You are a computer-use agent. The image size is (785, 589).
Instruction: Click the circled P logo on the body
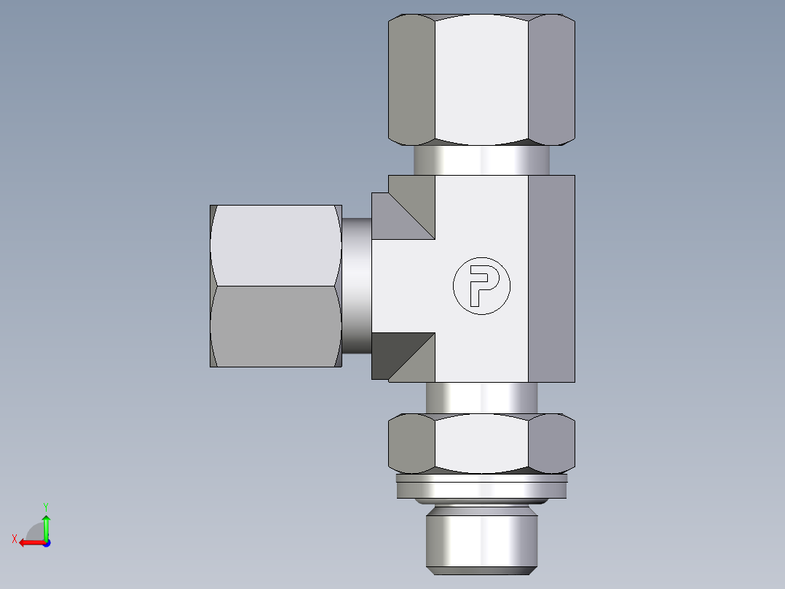point(481,286)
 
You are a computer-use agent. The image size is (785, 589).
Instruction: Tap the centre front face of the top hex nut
point(481,79)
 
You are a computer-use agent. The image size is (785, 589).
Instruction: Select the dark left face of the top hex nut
point(411,79)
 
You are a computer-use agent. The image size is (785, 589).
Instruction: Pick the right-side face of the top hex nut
point(551,79)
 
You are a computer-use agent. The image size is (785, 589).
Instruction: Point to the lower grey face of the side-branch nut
point(275,326)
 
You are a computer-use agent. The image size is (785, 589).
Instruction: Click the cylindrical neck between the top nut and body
point(481,160)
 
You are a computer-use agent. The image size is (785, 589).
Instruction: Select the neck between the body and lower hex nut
point(481,397)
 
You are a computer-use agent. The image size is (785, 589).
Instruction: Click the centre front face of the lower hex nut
point(481,442)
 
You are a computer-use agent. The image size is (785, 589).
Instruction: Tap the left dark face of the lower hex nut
point(411,442)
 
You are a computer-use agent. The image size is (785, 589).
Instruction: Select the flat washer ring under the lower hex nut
point(481,487)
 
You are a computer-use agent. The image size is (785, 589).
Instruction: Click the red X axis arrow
point(29,542)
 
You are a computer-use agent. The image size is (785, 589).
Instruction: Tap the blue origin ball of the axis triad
point(46,543)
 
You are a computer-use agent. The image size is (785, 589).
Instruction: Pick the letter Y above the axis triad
point(45,506)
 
